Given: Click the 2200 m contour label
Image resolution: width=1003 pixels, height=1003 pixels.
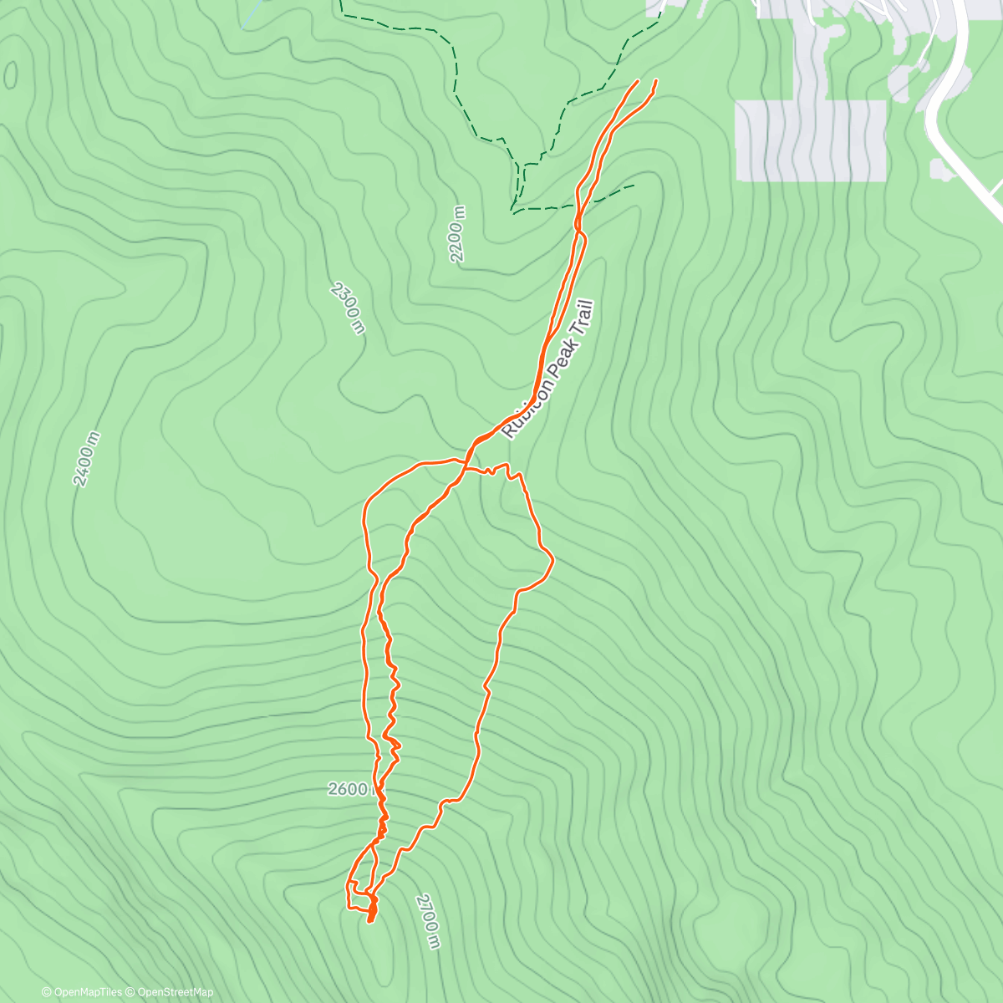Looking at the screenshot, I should (x=457, y=241).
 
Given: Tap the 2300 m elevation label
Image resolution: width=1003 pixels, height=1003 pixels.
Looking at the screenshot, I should (x=348, y=308).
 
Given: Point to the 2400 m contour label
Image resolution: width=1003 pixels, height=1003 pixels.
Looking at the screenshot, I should (x=86, y=459).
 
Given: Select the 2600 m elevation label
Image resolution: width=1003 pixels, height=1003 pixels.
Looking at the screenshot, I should (x=349, y=789).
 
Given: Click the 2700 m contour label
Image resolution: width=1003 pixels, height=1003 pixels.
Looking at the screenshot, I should (x=427, y=921).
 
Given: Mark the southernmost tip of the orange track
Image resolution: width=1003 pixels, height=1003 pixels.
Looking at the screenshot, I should (x=369, y=922).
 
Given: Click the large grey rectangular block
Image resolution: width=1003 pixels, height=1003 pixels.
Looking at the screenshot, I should (x=810, y=140).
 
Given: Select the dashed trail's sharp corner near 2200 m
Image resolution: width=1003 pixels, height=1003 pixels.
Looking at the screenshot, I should (x=512, y=209).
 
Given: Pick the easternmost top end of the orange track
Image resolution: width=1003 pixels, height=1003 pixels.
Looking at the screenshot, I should (x=655, y=80).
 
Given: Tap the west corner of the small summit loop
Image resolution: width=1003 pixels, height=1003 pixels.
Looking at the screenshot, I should (x=347, y=884).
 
